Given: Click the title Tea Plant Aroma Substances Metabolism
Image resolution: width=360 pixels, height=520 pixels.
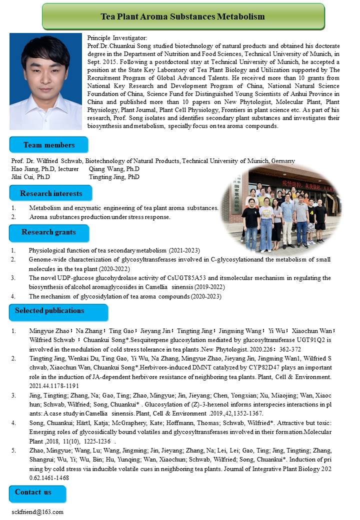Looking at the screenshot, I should click(182, 16).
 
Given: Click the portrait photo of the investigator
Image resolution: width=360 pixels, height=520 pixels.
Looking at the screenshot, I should click(45, 81).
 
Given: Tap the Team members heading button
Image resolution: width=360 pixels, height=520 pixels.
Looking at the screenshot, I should click(49, 145).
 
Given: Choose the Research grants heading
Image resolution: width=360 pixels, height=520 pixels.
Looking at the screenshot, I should click(48, 232).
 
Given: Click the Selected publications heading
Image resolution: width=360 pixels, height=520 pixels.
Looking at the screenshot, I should click(49, 310).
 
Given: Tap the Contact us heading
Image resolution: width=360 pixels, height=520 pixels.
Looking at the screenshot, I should click(33, 492).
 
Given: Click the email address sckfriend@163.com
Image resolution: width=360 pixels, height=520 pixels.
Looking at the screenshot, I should click(37, 512).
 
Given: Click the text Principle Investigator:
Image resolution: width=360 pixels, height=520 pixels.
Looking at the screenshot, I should click(117, 38).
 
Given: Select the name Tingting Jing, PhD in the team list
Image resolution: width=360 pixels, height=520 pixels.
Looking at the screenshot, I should click(114, 177).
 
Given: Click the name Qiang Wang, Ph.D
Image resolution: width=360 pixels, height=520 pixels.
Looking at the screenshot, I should click(114, 169).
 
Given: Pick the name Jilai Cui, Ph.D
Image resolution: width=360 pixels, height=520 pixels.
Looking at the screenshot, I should click(30, 177).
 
